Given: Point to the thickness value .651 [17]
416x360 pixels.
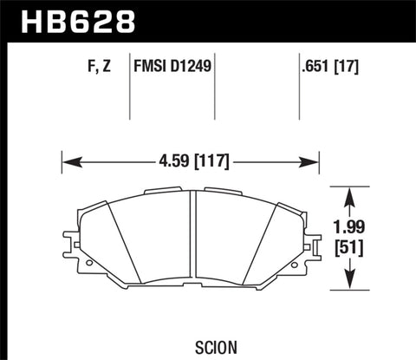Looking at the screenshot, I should click(x=317, y=65).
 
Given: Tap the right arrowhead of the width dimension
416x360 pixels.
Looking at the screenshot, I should click(x=314, y=160).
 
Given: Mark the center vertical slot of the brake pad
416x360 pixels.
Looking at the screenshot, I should click(x=191, y=239).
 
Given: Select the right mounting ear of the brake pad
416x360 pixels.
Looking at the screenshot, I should click(x=307, y=252).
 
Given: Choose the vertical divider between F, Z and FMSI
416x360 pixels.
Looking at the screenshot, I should click(x=129, y=87).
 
